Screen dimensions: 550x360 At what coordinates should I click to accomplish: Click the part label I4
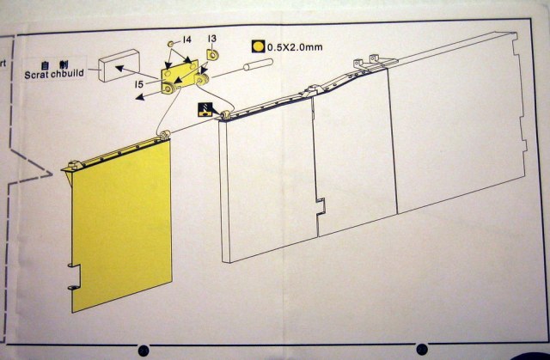186,41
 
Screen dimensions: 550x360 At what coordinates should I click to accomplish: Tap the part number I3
211,39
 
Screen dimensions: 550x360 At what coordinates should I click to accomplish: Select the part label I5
139,84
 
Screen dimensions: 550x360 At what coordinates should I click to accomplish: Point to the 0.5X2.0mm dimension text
295,46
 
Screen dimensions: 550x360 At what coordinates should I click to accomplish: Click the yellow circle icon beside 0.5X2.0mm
257,46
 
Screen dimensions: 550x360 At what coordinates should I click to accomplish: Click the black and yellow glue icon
206,108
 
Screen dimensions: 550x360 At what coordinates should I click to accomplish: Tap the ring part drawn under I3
211,56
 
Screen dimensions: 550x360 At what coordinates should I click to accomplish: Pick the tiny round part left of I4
171,42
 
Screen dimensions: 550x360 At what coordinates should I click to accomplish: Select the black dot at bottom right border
422,348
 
